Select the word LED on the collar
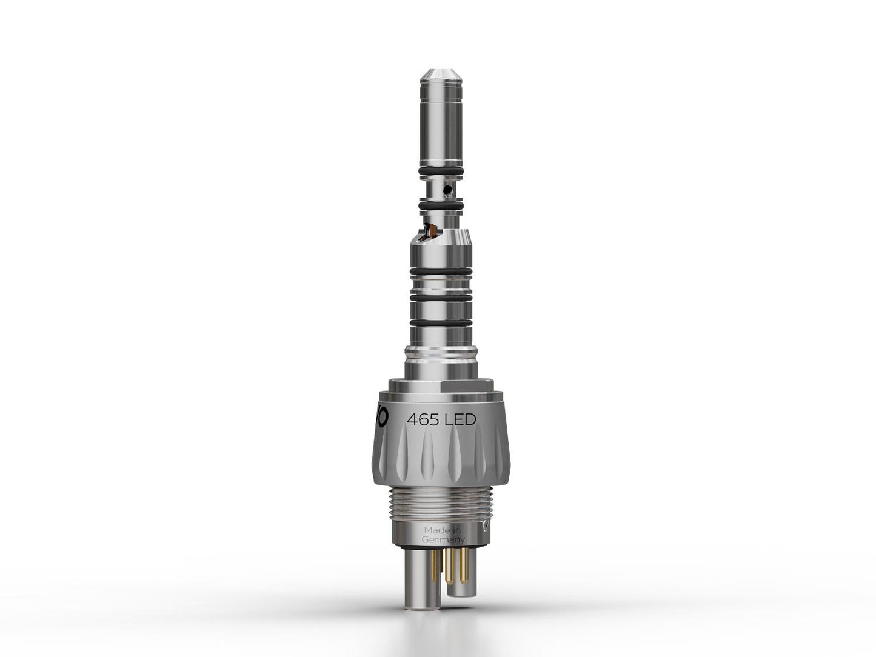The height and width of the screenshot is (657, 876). [460, 419]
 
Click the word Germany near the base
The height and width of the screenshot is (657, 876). [444, 539]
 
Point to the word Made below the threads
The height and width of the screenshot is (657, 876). [436, 530]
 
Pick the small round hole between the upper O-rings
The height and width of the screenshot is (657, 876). [447, 190]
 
